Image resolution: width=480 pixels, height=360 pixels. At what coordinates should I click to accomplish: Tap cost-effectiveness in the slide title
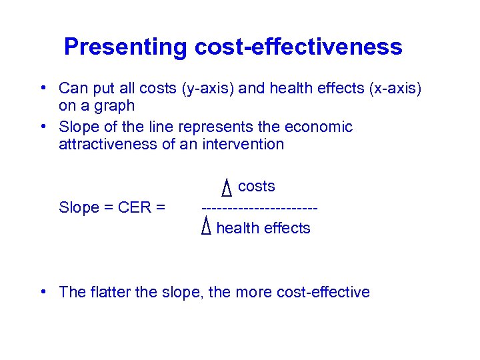pyautogui.click(x=298, y=47)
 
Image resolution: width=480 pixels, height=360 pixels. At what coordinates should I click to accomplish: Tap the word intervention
pyautogui.click(x=243, y=144)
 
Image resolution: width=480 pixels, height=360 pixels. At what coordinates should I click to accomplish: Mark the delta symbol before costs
pyautogui.click(x=226, y=189)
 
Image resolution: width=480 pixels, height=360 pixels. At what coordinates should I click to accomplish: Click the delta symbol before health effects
pyautogui.click(x=206, y=228)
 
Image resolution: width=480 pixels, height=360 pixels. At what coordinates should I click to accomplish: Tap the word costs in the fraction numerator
pyautogui.click(x=257, y=187)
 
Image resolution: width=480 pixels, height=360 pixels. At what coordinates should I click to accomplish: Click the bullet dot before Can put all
pyautogui.click(x=42, y=88)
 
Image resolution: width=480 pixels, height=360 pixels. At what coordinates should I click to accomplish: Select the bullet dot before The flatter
pyautogui.click(x=42, y=292)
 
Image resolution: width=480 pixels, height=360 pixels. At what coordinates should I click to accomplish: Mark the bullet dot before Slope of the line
pyautogui.click(x=42, y=127)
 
